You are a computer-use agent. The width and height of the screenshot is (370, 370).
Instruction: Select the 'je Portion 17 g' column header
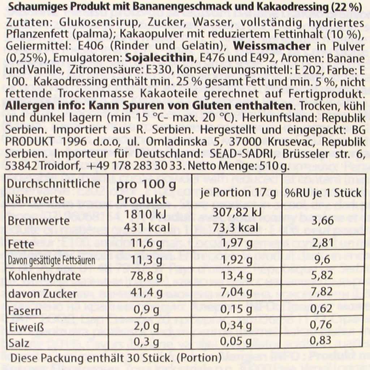point(238,193)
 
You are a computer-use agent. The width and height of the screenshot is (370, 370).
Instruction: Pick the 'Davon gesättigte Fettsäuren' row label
point(52,260)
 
